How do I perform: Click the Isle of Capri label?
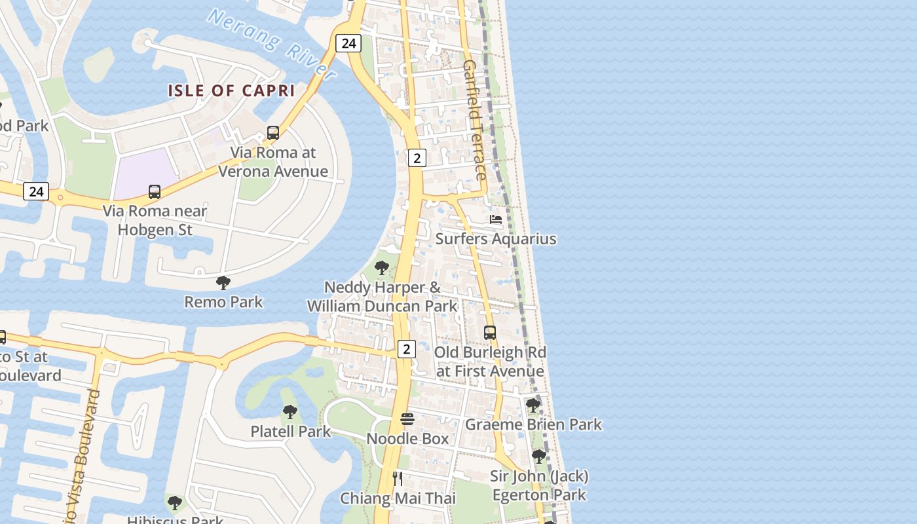click(231, 91)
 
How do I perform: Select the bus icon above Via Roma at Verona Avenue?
click(273, 133)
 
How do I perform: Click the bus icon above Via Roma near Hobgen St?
click(155, 192)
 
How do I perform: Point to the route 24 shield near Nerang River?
click(348, 43)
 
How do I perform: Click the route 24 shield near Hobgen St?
click(36, 191)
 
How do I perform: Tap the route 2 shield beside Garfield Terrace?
click(417, 157)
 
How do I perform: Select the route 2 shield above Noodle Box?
click(406, 349)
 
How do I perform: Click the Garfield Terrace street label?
click(475, 120)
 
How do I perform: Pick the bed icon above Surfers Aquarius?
click(496, 219)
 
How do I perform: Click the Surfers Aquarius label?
click(496, 238)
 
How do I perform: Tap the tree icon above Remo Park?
click(223, 283)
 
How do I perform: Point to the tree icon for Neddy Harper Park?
click(382, 268)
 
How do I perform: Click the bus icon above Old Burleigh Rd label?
click(490, 333)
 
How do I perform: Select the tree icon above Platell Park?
click(290, 412)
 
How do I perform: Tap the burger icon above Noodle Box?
click(407, 419)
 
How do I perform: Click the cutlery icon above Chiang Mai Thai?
click(398, 479)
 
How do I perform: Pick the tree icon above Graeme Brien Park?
click(533, 405)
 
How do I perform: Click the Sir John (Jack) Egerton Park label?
click(539, 485)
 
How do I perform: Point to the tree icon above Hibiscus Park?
click(174, 503)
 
